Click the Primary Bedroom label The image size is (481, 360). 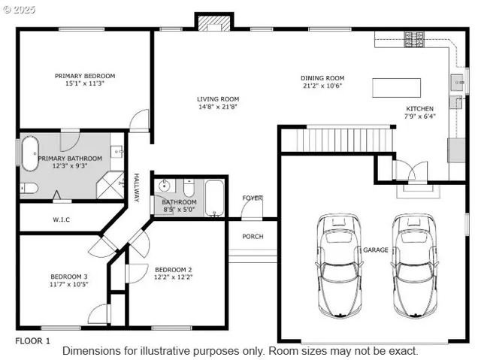(x=85, y=76)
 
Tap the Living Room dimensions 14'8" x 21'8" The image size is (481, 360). (x=218, y=107)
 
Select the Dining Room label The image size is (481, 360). (x=322, y=77)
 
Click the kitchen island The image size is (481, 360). (x=398, y=87)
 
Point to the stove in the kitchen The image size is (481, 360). (x=415, y=38)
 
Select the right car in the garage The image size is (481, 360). (x=413, y=265)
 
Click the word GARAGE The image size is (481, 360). (x=376, y=250)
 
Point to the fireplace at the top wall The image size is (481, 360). (x=210, y=22)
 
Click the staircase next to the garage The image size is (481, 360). (x=346, y=140)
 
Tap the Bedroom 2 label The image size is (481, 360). (x=174, y=269)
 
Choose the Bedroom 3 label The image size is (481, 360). (x=69, y=276)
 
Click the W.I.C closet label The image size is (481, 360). (x=62, y=219)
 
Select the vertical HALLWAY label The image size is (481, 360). (x=138, y=188)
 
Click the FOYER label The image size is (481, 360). (x=252, y=198)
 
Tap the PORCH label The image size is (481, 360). (x=253, y=236)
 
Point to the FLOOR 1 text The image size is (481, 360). (x=33, y=340)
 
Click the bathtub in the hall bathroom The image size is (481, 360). (x=214, y=198)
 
